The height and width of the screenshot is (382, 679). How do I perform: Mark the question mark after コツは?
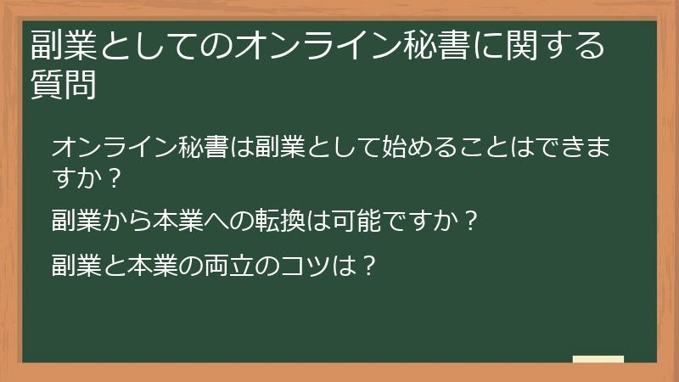tap(368, 264)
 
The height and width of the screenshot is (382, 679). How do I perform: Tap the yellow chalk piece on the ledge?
tap(598, 359)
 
